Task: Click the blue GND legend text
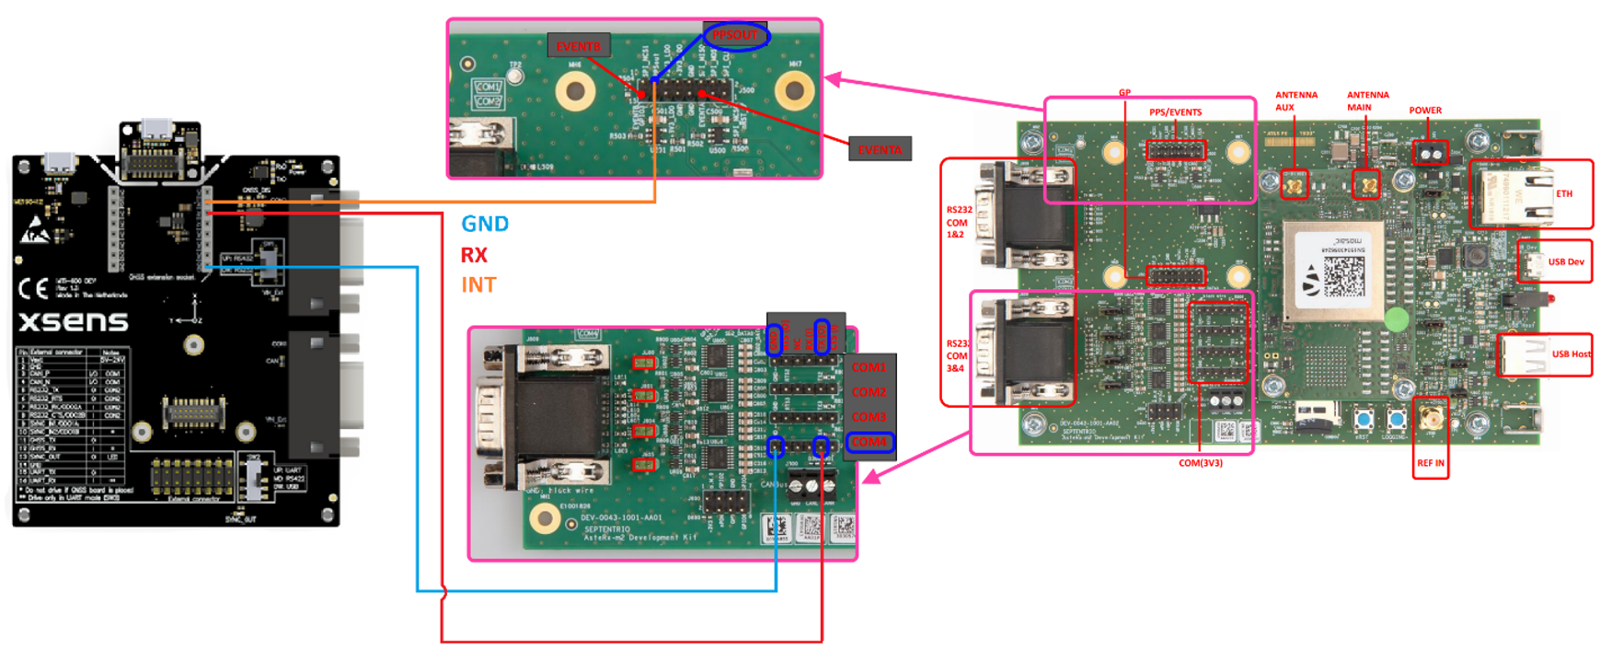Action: tap(484, 224)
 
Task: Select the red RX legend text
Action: tap(474, 255)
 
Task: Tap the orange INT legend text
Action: tap(478, 285)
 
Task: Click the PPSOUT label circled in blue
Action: tap(735, 36)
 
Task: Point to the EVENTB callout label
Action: tap(578, 46)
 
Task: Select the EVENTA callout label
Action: tap(880, 149)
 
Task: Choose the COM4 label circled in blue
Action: tap(869, 443)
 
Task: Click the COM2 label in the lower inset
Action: tap(869, 392)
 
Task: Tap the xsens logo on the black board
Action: tap(74, 321)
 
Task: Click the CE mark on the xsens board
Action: tap(33, 289)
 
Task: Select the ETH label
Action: tap(1564, 194)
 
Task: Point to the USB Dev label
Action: tap(1566, 262)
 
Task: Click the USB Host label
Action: tap(1571, 354)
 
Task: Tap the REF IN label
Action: tap(1430, 463)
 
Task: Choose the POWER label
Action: tap(1425, 110)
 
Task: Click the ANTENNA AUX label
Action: tap(1295, 100)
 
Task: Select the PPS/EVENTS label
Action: tap(1175, 112)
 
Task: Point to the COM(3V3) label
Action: tap(1200, 463)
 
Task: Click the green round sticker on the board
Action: tap(1396, 319)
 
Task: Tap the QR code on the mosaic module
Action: tap(1343, 275)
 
